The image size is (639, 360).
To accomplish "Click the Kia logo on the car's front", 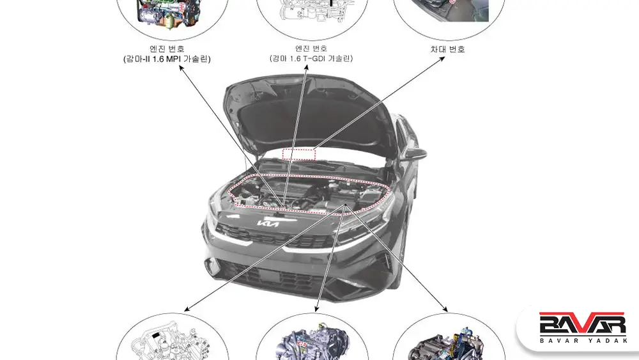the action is (268, 224).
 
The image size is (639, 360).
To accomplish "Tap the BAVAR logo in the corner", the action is (582, 324).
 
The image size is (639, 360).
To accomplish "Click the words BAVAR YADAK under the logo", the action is (583, 340).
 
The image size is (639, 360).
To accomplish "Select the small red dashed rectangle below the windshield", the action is (299, 155).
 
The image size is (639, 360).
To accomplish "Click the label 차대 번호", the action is (447, 49).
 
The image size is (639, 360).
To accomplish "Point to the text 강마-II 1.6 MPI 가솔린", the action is (167, 59).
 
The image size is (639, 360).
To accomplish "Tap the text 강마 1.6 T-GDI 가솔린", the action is (311, 58).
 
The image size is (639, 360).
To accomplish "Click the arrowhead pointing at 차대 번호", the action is (442, 58).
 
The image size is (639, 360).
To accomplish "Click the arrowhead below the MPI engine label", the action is (181, 68).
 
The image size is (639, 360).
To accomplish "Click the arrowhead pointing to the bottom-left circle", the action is (187, 309).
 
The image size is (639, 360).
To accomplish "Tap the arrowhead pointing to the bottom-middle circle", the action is (316, 309).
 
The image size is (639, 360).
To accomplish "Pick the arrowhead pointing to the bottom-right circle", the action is (445, 309).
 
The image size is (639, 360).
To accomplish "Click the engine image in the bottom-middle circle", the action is (312, 342).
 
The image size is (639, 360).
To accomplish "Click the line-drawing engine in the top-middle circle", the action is (313, 12).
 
